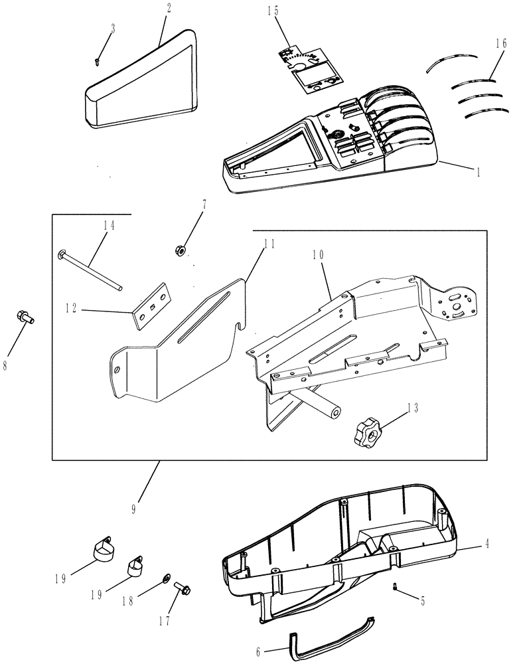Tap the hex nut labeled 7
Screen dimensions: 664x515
click(x=179, y=250)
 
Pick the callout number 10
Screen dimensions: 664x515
click(x=317, y=254)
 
